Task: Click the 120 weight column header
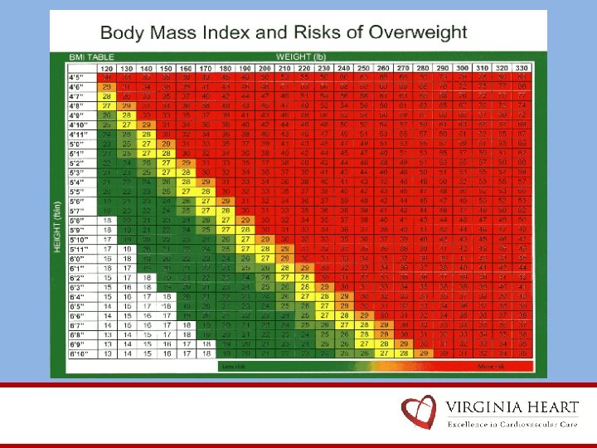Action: pos(107,67)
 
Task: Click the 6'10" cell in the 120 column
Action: pos(107,353)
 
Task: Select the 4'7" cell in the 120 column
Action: pos(107,96)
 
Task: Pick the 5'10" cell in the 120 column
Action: pos(107,239)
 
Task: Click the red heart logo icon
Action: pos(418,412)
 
